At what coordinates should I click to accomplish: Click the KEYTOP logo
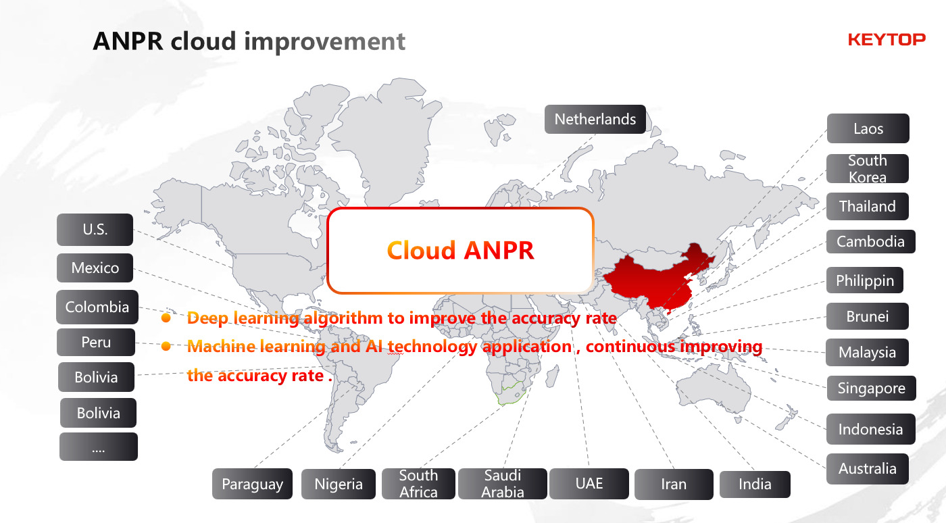887,40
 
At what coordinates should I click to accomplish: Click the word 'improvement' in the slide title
324,41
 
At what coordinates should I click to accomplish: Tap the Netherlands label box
595,119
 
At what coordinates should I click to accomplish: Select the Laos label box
868,128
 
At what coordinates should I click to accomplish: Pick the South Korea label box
868,168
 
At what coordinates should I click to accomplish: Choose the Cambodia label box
871,242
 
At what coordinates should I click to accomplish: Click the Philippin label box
865,280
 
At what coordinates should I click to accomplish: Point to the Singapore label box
871,388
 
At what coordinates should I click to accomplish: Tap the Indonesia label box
871,429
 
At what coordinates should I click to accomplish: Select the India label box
755,484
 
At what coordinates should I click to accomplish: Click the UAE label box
589,484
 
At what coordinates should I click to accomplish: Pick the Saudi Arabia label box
503,484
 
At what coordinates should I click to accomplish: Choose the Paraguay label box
252,484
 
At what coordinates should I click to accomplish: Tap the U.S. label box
95,229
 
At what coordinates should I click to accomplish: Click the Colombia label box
97,307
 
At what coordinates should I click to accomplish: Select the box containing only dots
99,447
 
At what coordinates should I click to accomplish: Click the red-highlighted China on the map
659,279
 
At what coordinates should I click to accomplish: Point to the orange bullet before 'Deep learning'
166,318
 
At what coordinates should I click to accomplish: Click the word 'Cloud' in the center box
421,250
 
